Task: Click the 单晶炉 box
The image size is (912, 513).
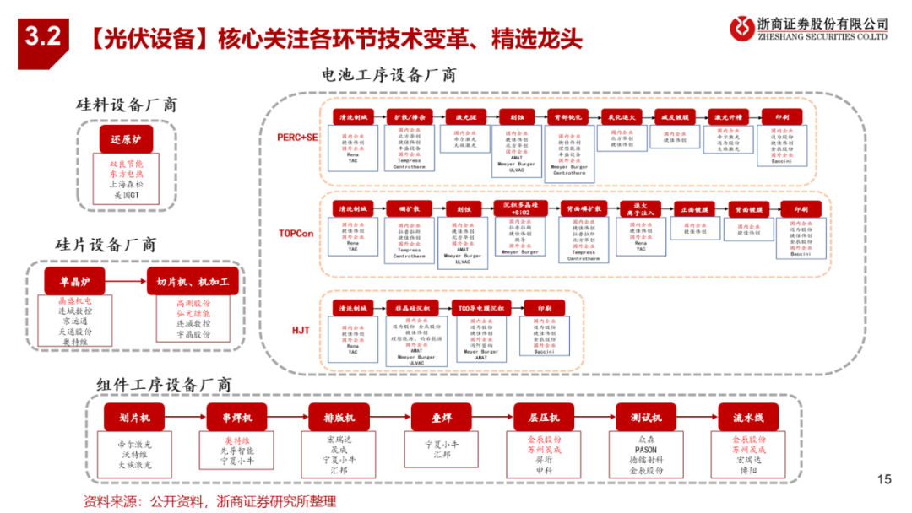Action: pos(74,281)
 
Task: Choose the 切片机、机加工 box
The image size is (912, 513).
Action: pos(192,281)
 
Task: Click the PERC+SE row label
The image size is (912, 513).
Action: pos(298,137)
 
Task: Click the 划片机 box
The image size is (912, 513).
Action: pos(134,418)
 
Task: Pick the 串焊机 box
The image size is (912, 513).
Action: pos(236,418)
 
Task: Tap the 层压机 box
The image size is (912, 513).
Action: pos(543,418)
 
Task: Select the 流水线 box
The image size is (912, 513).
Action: pos(748,418)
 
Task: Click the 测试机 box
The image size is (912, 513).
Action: pos(646,418)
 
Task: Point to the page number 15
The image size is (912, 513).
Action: pos(884,480)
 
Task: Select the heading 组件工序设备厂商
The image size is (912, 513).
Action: pos(164,384)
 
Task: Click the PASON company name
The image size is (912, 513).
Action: pos(646,451)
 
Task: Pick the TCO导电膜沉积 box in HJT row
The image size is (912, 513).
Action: pos(481,309)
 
